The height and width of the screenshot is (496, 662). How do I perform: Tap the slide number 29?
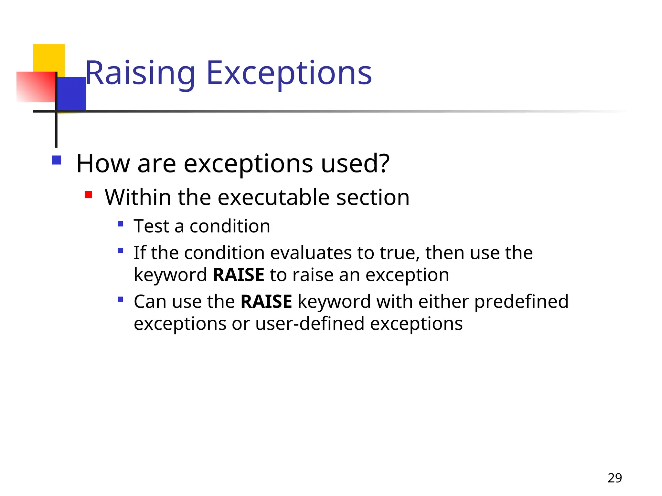tap(614, 478)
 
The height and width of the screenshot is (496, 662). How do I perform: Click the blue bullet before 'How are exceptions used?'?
tap(57, 160)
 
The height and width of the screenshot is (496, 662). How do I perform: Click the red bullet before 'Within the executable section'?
tap(88, 195)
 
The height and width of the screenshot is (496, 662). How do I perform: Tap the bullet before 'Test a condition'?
tap(121, 224)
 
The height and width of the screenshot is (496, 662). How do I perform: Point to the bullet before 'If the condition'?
tap(121, 250)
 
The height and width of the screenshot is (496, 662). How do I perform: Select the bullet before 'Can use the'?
tap(121, 299)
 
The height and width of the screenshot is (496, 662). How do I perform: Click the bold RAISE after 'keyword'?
tap(239, 275)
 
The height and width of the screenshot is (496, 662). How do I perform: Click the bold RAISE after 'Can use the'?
tap(266, 302)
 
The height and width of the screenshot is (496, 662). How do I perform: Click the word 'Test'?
tap(151, 226)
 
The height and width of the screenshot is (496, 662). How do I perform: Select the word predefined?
tap(521, 302)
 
